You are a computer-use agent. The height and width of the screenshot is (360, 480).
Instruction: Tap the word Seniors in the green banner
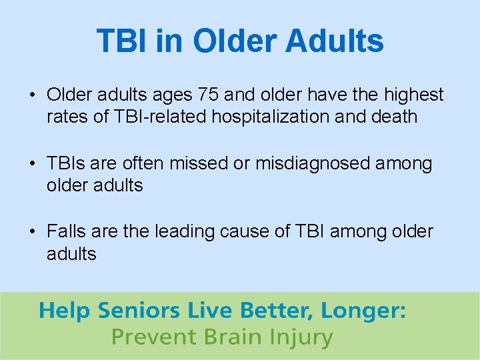pyautogui.click(x=139, y=311)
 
